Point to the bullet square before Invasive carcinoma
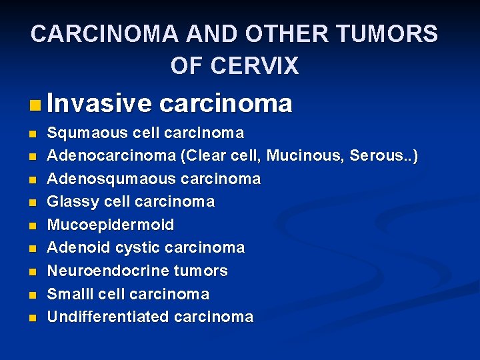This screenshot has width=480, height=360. coord(35,105)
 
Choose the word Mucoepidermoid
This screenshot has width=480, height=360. coord(110,225)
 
